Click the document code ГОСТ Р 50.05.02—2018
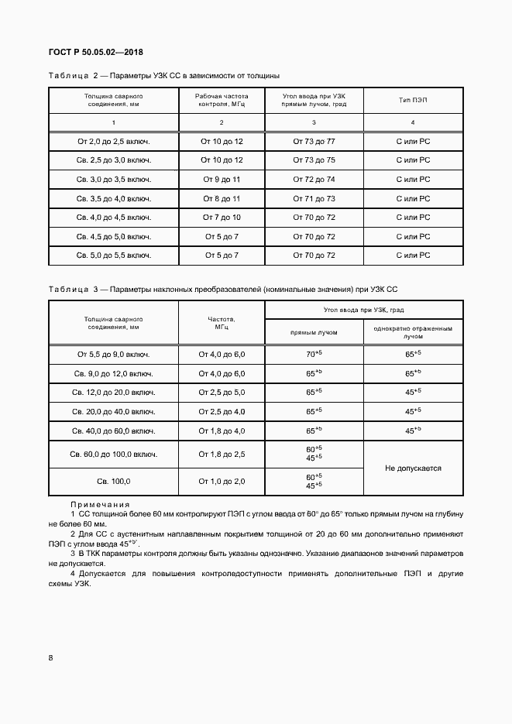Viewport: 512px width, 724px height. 96,52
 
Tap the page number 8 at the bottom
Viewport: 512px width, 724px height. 51,658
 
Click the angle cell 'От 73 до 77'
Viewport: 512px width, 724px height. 314,141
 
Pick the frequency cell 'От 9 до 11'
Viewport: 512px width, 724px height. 222,179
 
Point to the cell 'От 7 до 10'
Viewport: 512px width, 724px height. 222,217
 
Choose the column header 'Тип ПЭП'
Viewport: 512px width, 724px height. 413,101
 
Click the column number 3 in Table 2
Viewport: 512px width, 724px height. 314,123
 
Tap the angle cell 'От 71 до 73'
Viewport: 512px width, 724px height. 314,198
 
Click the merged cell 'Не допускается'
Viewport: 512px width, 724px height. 413,468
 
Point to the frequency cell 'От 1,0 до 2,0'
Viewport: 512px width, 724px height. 222,482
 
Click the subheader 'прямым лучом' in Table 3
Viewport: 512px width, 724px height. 314,332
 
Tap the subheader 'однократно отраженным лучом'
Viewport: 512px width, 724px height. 413,332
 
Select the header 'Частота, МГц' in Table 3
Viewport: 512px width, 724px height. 222,322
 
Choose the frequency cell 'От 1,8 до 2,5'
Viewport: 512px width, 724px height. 222,454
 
